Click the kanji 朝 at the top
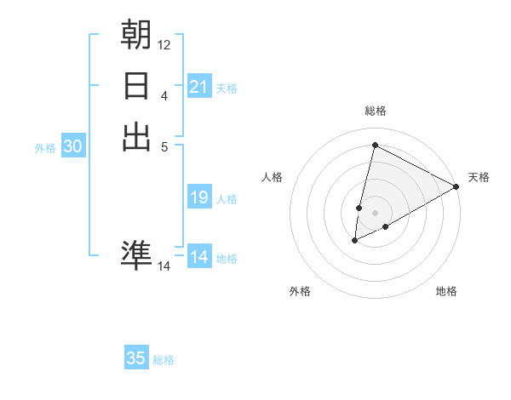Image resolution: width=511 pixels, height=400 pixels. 137,36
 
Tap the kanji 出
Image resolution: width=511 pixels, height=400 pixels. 137,137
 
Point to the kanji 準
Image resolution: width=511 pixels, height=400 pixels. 137,254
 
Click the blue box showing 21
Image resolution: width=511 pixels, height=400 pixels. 199,87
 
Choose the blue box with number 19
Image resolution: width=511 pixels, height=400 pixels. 199,197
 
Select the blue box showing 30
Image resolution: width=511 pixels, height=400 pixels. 73,146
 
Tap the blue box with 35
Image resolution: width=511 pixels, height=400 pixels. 136,358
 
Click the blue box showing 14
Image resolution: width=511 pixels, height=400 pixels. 199,257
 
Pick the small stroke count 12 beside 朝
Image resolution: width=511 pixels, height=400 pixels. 164,44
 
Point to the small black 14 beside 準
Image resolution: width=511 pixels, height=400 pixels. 164,266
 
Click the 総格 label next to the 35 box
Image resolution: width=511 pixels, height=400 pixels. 164,360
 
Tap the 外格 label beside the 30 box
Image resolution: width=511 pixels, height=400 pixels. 45,148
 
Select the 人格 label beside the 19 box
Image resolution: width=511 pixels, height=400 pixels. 227,199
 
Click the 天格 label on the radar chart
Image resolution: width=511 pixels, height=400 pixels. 479,177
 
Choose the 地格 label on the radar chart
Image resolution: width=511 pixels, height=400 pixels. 446,291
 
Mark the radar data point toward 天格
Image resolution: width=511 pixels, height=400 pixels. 456,187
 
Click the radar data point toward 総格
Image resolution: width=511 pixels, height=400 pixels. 374,145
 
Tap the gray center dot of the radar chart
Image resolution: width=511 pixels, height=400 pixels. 375,213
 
